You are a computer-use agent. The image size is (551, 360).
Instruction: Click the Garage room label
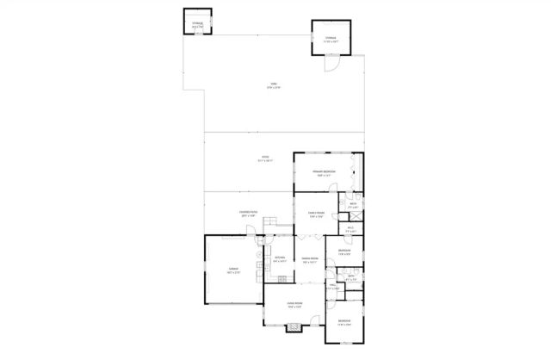click(x=232, y=271)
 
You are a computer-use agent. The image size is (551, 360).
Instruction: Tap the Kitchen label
click(x=279, y=259)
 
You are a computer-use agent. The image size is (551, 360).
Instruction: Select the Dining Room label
click(x=310, y=261)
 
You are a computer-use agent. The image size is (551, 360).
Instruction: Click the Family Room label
click(x=316, y=214)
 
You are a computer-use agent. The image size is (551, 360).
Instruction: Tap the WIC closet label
click(x=351, y=229)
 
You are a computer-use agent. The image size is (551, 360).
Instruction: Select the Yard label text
click(x=272, y=85)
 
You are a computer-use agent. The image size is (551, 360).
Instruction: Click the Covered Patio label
click(x=246, y=214)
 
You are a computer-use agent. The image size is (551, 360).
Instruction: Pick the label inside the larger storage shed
click(x=331, y=39)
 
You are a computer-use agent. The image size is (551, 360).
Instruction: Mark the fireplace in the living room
click(x=294, y=326)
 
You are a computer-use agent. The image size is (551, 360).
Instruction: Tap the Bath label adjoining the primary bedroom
click(x=353, y=206)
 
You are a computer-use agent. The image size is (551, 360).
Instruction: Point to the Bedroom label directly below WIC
click(x=344, y=252)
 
